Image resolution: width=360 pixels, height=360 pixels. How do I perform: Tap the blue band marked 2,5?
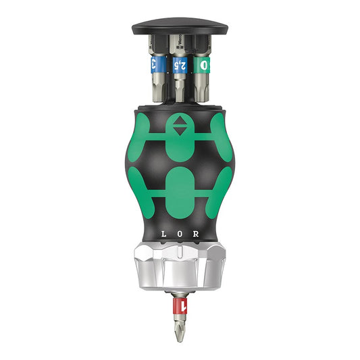coord(180,65)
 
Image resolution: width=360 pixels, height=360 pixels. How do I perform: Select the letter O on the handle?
coord(180,234)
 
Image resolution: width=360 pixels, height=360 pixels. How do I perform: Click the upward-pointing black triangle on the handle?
coord(180,122)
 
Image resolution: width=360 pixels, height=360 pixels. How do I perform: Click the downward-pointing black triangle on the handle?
coord(180,132)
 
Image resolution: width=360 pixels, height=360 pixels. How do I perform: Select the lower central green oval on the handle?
coord(180,186)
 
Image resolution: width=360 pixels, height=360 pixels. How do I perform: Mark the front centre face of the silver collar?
coord(180,274)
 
